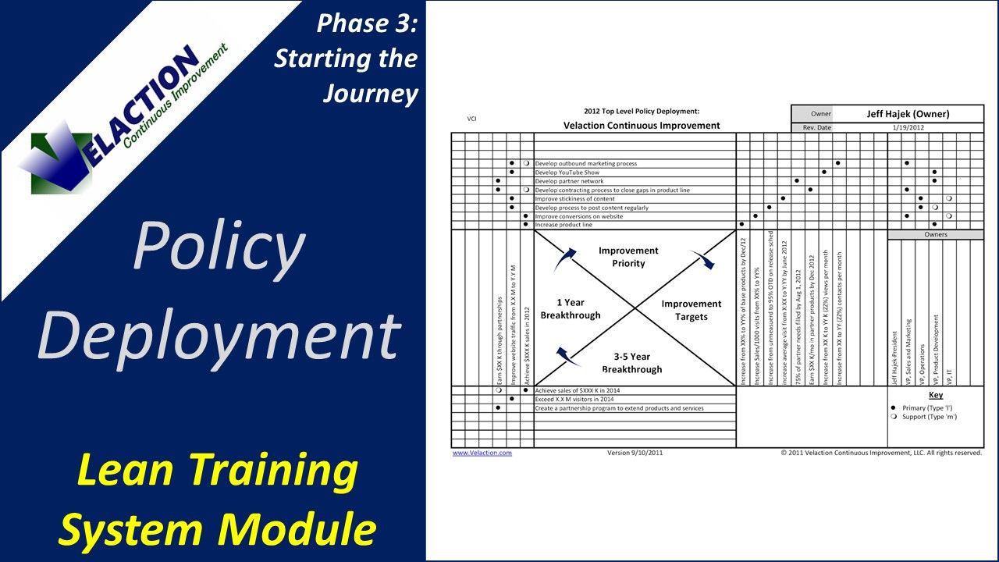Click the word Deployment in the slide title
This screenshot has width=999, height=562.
coord(219,336)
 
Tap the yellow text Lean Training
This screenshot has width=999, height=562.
coord(208,471)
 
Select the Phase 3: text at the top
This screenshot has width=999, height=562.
coord(367,23)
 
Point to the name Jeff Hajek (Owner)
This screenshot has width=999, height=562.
coord(908,114)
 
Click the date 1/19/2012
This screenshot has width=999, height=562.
coord(908,127)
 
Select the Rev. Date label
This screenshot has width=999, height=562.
coord(816,127)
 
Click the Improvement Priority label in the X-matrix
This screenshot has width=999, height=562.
coord(628,257)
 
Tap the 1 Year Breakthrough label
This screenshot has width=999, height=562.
coord(571,308)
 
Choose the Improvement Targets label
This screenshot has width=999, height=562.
coord(691,310)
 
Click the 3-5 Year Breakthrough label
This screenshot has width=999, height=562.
coord(631,363)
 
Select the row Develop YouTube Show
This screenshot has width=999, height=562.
coord(567,173)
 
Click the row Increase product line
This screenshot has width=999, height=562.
coord(563,225)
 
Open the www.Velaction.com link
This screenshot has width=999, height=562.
coord(482,453)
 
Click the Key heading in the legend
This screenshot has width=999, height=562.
coord(935,395)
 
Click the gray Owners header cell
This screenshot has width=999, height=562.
coord(935,234)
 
